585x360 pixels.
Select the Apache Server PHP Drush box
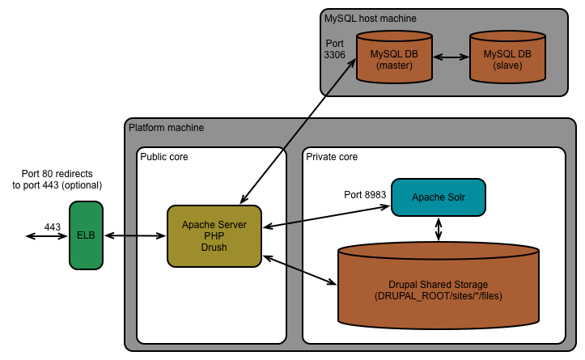pos(214,235)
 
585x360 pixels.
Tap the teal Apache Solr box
pos(438,197)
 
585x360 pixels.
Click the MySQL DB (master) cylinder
pos(392,59)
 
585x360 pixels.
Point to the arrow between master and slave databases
pos(451,58)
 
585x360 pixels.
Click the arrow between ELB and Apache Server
pos(136,235)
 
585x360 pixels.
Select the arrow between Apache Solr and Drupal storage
pos(439,229)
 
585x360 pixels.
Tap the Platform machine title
pos(167,128)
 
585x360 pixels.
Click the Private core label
pos(332,156)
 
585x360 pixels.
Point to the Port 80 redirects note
pos(63,180)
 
